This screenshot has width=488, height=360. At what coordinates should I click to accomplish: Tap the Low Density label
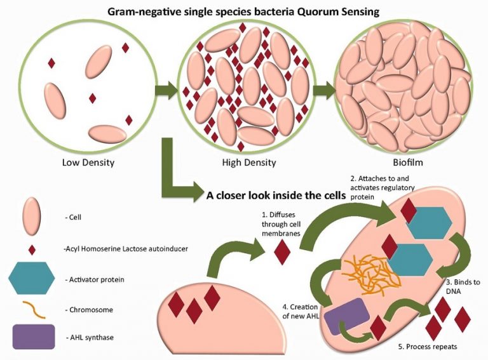click(x=88, y=163)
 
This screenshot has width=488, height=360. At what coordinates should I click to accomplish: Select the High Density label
click(x=249, y=163)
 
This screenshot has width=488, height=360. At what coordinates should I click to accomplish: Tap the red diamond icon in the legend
click(x=32, y=249)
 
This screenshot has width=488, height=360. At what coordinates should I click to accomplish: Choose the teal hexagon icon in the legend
click(x=32, y=277)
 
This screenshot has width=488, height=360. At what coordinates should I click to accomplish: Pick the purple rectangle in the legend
click(x=32, y=337)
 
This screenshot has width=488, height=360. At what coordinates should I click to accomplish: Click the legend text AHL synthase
click(x=89, y=337)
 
